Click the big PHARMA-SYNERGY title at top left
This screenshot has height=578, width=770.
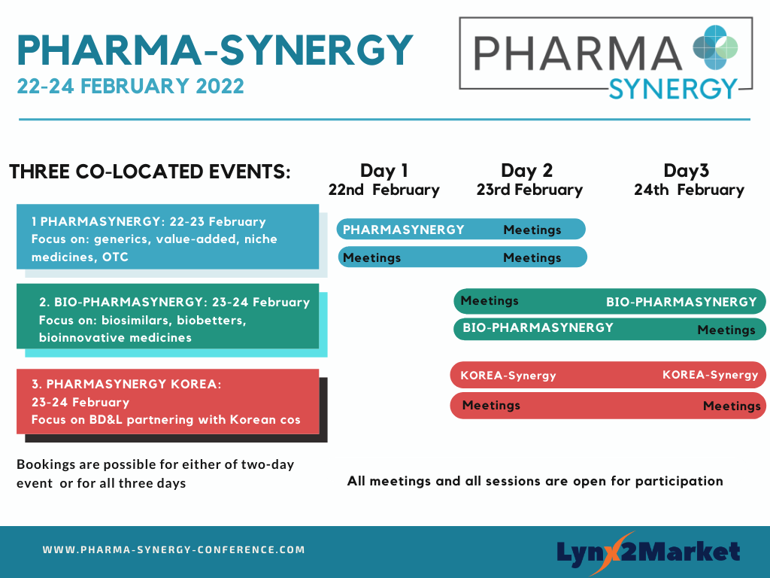point(215,50)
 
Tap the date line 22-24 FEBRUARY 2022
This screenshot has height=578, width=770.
point(130,86)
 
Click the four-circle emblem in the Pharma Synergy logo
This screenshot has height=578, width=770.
point(715,47)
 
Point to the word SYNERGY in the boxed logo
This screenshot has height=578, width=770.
point(673,89)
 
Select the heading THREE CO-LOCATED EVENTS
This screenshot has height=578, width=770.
point(150,172)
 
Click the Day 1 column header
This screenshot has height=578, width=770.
point(384,171)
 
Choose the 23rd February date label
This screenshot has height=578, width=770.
point(529,190)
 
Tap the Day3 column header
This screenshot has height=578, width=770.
point(686,171)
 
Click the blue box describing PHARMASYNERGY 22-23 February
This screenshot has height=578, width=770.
point(168,236)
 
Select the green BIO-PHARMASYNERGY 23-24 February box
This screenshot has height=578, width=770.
point(168,316)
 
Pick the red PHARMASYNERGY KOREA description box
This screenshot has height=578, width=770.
point(168,402)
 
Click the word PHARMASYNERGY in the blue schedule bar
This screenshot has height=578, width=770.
point(403,230)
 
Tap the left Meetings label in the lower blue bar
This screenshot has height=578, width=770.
point(371,257)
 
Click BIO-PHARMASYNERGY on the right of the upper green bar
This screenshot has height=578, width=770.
point(681,302)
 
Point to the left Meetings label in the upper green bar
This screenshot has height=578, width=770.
point(489,301)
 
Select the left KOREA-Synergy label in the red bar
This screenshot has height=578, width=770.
point(508,376)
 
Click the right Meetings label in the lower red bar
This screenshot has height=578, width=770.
point(732,406)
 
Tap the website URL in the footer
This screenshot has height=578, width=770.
point(174,549)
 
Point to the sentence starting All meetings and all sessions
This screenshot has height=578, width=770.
point(535,481)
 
